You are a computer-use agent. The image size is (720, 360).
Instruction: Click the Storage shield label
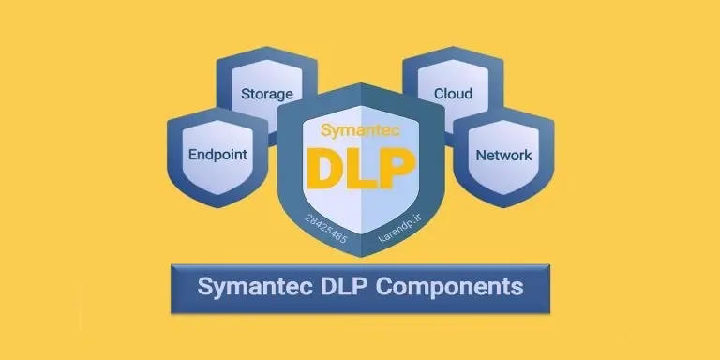267,94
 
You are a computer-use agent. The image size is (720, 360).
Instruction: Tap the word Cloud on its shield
453,94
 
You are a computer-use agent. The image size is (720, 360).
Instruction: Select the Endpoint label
217,155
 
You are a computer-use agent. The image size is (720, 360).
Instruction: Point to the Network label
503,155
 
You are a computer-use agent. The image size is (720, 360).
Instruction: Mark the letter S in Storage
246,94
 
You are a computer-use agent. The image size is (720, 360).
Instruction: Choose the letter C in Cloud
439,94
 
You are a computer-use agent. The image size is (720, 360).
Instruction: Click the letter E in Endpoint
192,155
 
